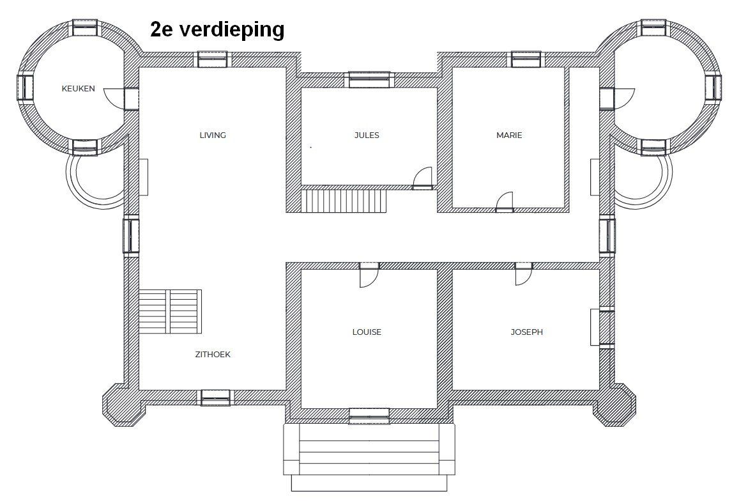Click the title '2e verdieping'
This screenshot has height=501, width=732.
(217, 29)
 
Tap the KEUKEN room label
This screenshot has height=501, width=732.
(78, 89)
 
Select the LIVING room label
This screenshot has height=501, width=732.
(213, 135)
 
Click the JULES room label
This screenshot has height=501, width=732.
(367, 135)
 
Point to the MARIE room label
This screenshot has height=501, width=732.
(509, 135)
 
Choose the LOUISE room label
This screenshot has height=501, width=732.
(367, 332)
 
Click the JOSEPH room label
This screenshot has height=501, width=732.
(526, 332)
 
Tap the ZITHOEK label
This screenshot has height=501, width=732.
(213, 354)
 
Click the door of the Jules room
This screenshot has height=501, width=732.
(423, 179)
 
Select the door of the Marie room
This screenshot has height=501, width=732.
(505, 202)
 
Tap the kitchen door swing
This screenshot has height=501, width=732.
(114, 98)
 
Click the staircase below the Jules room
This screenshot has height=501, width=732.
(344, 201)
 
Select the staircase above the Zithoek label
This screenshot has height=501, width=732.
(170, 311)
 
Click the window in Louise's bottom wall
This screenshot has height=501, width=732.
(369, 416)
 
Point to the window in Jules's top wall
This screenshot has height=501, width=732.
(369, 79)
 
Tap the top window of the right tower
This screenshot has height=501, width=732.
(654, 27)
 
